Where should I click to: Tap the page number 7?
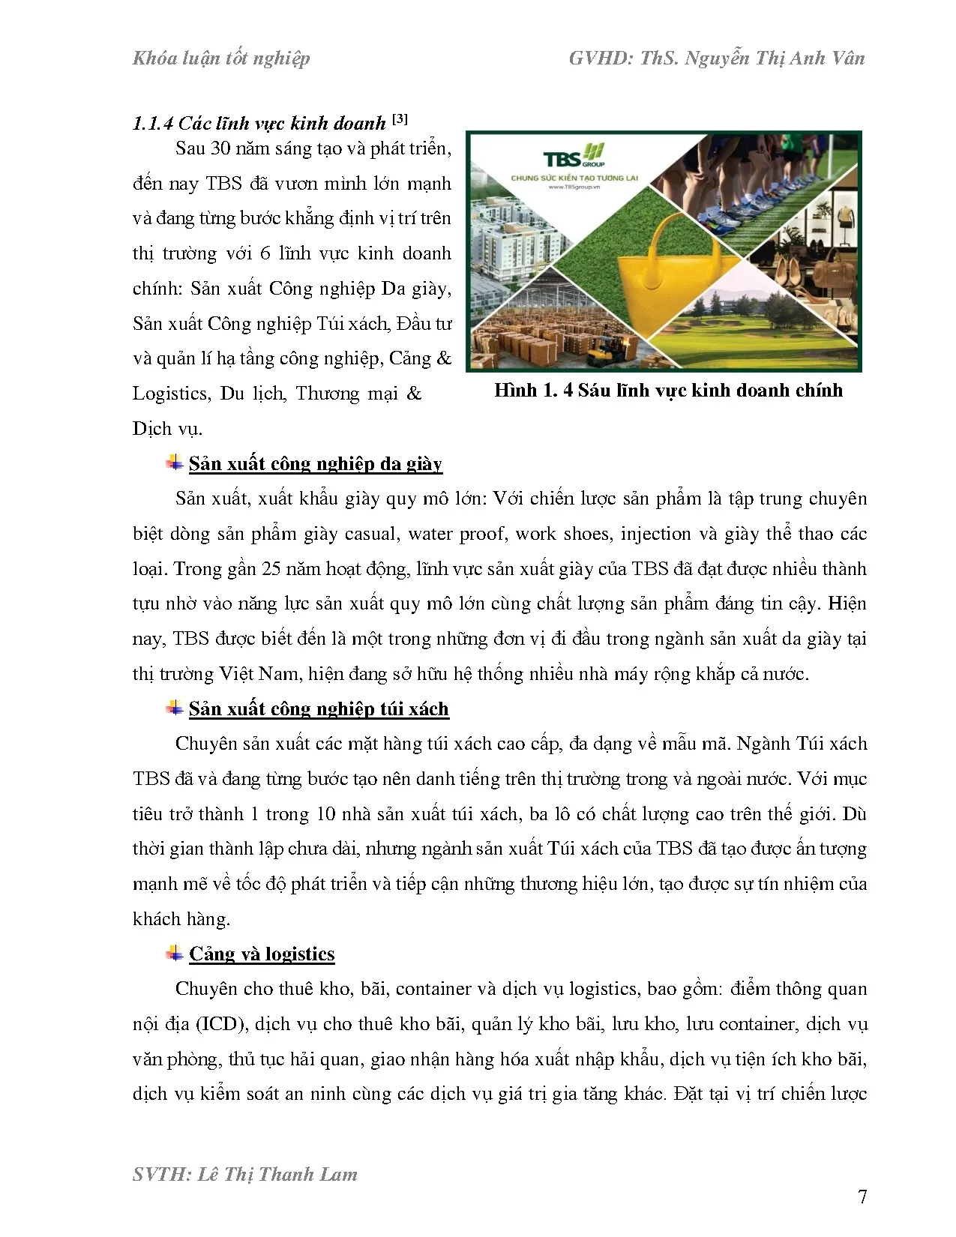click(x=862, y=1197)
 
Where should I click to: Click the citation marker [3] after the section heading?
click(x=399, y=119)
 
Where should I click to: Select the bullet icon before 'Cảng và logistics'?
click(x=175, y=954)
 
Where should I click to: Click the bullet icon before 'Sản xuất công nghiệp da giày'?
click(x=175, y=463)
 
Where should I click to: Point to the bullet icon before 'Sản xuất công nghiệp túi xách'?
click(x=175, y=708)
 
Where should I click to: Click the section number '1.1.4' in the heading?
click(x=152, y=124)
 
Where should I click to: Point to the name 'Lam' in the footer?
click(x=335, y=1174)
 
